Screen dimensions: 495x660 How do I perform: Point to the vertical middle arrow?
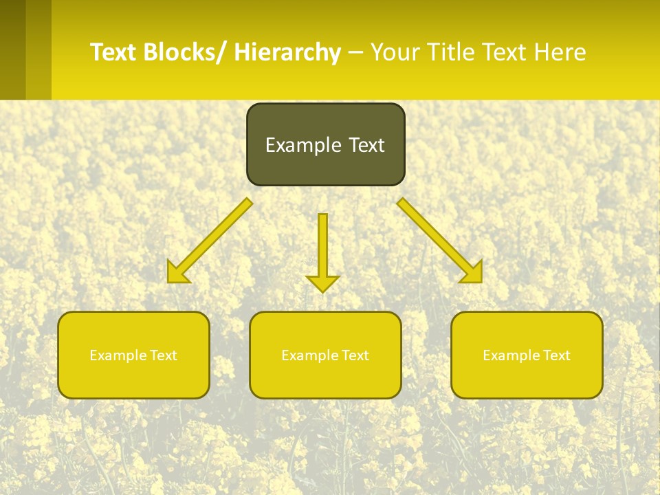[322, 247]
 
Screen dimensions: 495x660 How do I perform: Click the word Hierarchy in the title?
[287, 52]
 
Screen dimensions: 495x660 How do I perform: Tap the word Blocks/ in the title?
[184, 52]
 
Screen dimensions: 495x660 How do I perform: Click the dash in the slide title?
[355, 53]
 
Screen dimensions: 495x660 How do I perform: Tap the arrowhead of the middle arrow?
[322, 283]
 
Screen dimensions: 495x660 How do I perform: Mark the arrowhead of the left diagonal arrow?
[177, 273]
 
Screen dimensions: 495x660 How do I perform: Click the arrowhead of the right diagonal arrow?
[472, 273]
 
